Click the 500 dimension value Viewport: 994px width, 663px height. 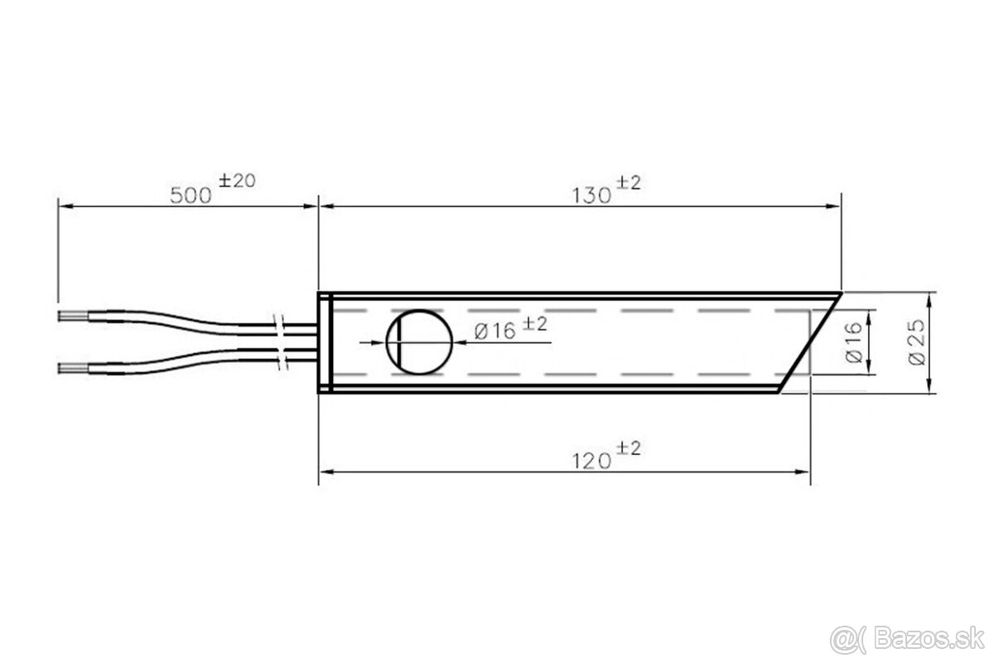pyautogui.click(x=191, y=196)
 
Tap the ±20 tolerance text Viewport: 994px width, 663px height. pyautogui.click(x=238, y=181)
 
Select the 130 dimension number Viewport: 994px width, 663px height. pyautogui.click(x=592, y=196)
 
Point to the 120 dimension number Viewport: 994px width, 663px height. pyautogui.click(x=592, y=462)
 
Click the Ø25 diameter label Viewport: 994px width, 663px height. pyautogui.click(x=917, y=342)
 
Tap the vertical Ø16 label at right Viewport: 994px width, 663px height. pyautogui.click(x=854, y=342)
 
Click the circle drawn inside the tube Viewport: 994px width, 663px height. pyautogui.click(x=452, y=342)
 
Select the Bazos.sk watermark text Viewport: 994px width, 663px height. pyautogui.click(x=929, y=640)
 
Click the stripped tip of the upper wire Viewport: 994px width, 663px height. pyautogui.click(x=73, y=317)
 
